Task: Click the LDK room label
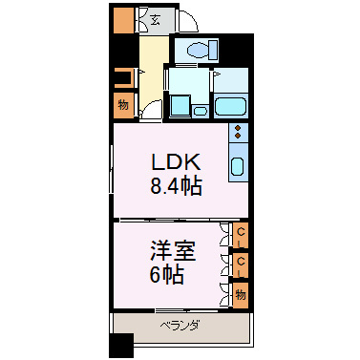click(x=176, y=162)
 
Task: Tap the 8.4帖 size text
click(x=176, y=186)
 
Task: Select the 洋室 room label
click(x=173, y=251)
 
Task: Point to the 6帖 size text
click(x=167, y=275)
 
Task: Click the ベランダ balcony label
click(x=180, y=326)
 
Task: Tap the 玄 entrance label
click(x=155, y=20)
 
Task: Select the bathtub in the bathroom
click(x=231, y=107)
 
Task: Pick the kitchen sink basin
click(x=238, y=166)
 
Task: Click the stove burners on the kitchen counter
click(x=238, y=132)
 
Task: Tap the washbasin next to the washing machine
click(x=201, y=112)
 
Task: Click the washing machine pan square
click(x=180, y=105)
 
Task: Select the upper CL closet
click(x=241, y=236)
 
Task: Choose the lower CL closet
click(x=241, y=265)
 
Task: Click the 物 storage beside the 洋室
click(x=241, y=295)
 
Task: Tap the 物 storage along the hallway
click(x=123, y=105)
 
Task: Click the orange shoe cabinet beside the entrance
click(x=123, y=20)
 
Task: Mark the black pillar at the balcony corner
click(x=121, y=346)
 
